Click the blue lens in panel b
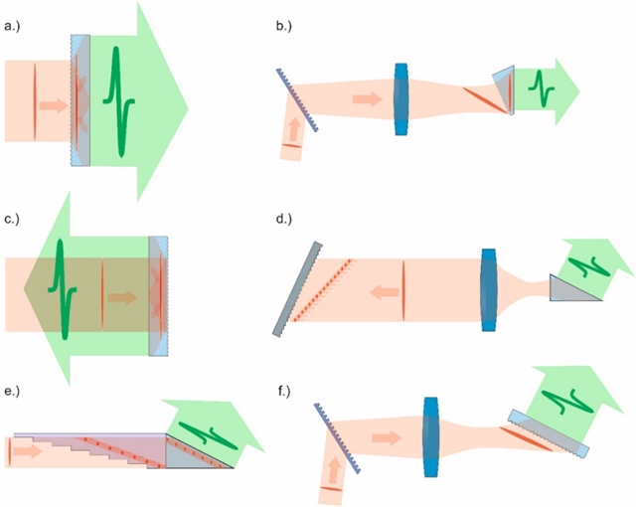click(x=401, y=99)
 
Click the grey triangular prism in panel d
click(x=579, y=289)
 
